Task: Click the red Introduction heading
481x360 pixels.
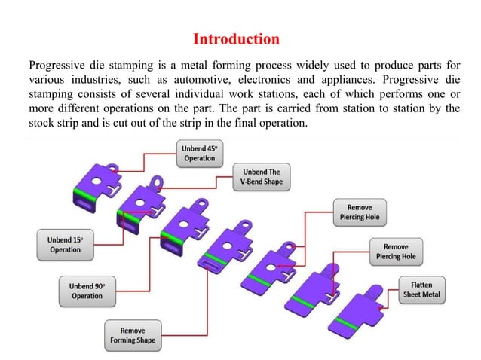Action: point(236,38)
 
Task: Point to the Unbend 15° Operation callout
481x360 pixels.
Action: point(66,245)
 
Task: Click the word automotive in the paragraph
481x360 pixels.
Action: point(208,78)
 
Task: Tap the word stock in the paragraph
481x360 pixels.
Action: point(41,124)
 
